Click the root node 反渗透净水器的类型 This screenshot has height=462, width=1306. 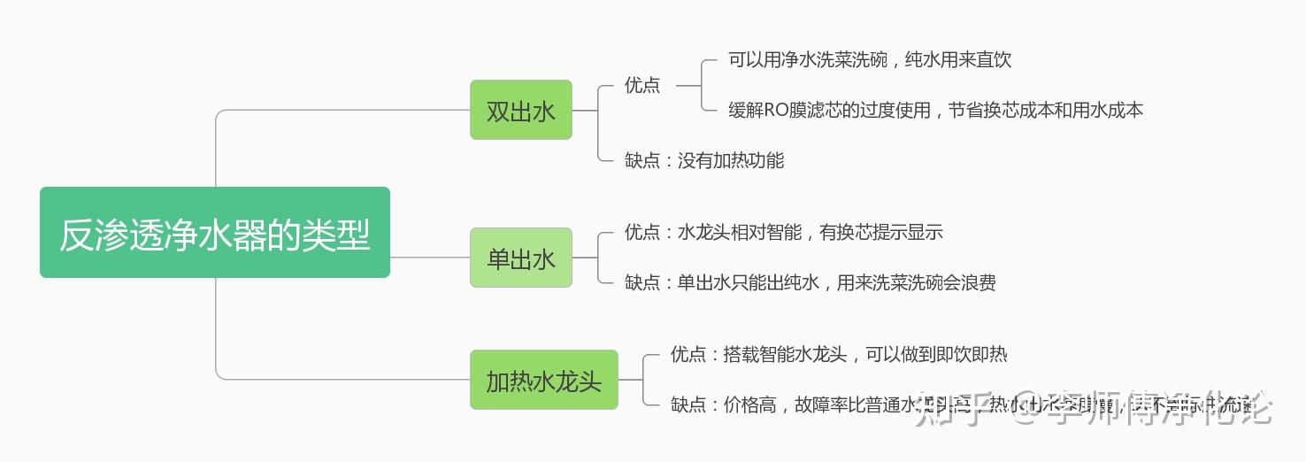(x=215, y=233)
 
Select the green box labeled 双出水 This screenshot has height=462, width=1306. (x=520, y=110)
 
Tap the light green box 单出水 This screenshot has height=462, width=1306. (x=520, y=258)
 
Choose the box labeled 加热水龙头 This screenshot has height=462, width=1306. (x=543, y=380)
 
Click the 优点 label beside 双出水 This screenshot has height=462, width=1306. (x=642, y=85)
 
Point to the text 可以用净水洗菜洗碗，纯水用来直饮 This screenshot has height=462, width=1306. (x=869, y=60)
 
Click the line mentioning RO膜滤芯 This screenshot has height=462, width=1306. (x=935, y=111)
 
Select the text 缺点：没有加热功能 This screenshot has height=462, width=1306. (x=704, y=160)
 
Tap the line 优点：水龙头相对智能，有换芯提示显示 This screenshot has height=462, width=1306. (x=783, y=233)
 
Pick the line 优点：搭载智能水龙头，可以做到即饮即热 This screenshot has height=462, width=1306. (x=838, y=355)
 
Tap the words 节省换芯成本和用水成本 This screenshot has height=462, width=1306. (x=1046, y=111)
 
